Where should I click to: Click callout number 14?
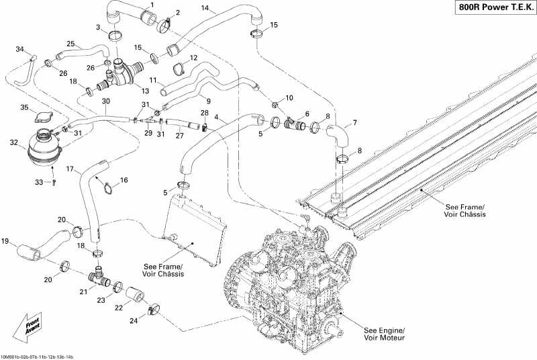205,9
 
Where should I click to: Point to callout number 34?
19,49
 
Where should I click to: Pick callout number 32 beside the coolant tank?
13,142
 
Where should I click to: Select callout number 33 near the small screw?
39,182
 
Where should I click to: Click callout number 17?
70,169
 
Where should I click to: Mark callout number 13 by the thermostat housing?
145,91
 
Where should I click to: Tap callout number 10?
289,98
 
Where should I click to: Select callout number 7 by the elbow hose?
355,122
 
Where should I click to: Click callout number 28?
205,113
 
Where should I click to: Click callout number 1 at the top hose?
152,5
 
